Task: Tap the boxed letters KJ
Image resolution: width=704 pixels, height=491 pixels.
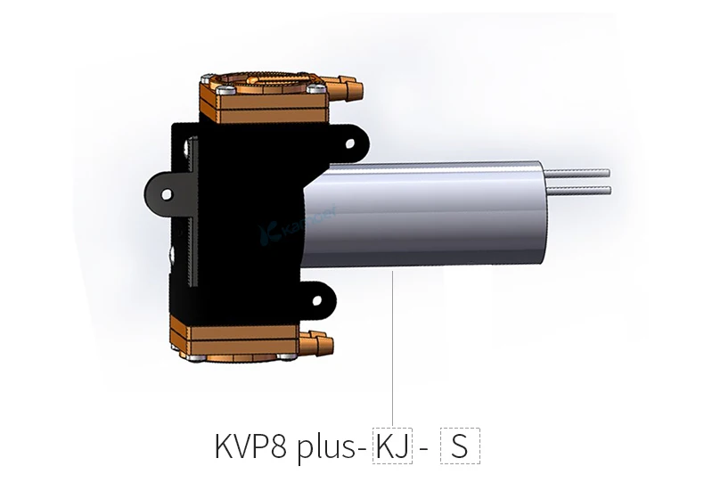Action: [393, 445]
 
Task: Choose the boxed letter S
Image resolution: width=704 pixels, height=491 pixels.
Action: [459, 445]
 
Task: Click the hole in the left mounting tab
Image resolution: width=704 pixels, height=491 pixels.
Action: [163, 192]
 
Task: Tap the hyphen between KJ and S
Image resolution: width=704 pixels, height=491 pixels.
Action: [423, 446]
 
